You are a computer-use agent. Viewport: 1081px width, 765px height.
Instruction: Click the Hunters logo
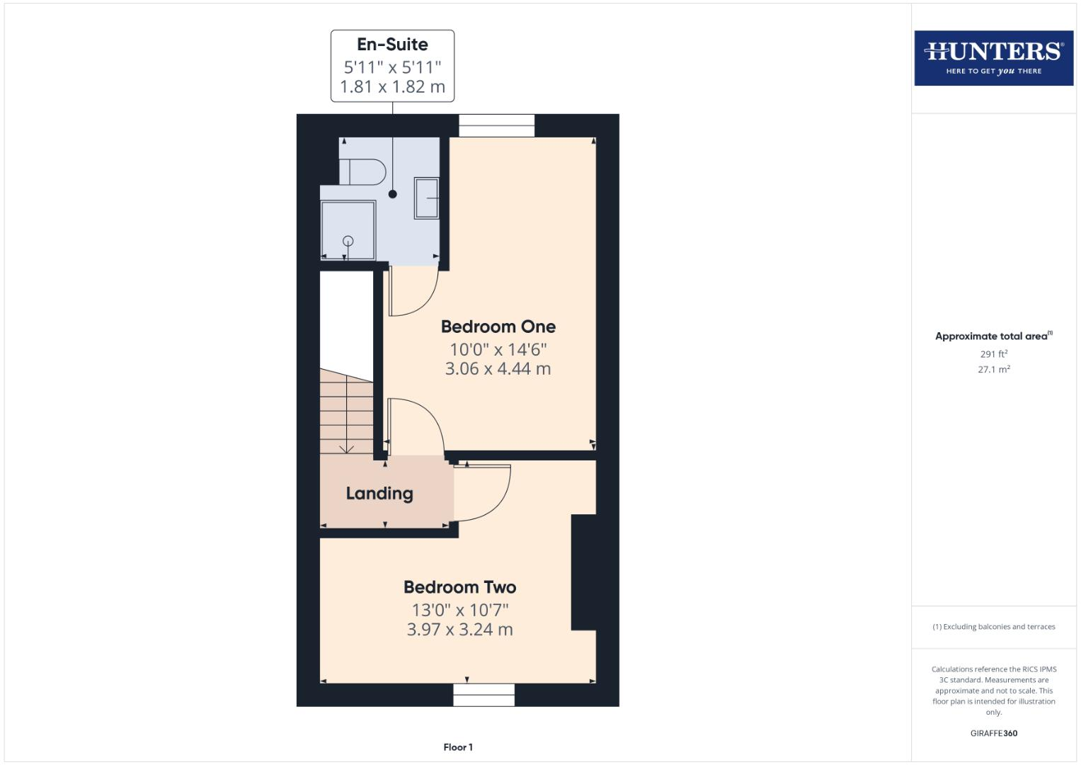point(993,58)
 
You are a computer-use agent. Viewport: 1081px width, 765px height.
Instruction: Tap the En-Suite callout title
point(392,45)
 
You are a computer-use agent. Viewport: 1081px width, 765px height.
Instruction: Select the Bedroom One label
point(498,327)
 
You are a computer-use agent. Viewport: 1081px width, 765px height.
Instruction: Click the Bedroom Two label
point(459,587)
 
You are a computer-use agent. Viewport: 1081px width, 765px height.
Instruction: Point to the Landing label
point(379,494)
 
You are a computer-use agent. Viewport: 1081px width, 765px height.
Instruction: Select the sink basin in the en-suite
point(426,198)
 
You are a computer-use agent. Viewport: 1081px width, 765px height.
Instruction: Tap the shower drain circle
point(348,242)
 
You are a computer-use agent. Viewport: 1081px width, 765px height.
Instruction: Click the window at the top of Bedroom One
point(496,125)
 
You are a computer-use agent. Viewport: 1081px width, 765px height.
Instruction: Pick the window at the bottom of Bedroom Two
point(484,695)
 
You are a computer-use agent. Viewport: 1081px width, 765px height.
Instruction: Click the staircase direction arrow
point(346,448)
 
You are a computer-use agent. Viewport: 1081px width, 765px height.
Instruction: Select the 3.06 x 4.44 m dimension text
point(498,368)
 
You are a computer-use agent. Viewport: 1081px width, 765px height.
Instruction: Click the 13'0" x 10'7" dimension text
point(459,610)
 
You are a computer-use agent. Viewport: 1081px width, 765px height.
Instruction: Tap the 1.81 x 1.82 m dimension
point(392,87)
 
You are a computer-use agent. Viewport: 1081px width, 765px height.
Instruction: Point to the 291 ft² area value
point(993,354)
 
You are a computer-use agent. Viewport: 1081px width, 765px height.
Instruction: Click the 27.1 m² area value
point(993,370)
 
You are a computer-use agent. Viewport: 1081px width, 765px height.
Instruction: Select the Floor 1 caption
point(458,747)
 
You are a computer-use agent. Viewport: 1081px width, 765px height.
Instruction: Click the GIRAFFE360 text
point(993,734)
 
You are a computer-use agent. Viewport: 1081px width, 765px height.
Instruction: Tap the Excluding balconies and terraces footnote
point(993,627)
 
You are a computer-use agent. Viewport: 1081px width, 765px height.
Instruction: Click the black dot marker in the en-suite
point(393,194)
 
